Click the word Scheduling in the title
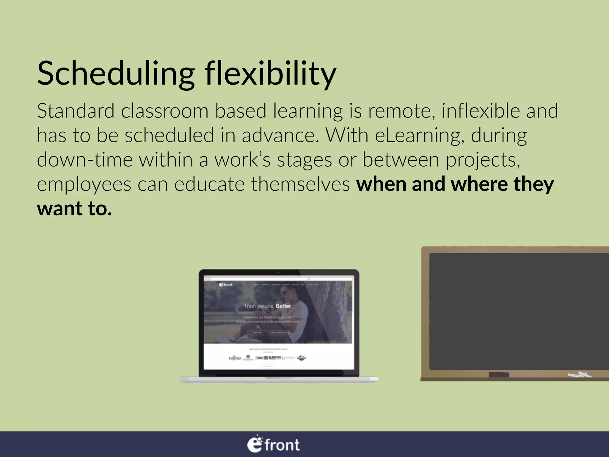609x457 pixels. [115, 74]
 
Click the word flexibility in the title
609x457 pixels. [270, 74]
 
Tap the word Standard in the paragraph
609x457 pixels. [76, 111]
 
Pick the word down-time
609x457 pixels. [84, 160]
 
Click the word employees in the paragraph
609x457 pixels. [84, 184]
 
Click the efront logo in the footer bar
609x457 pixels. [274, 445]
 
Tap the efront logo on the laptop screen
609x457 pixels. [226, 285]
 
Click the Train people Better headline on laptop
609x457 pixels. [267, 306]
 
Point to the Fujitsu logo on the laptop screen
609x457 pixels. [234, 358]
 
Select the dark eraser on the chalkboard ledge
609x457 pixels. [499, 374]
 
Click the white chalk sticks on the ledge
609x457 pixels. [580, 375]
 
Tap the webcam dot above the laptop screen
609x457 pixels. [279, 272]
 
